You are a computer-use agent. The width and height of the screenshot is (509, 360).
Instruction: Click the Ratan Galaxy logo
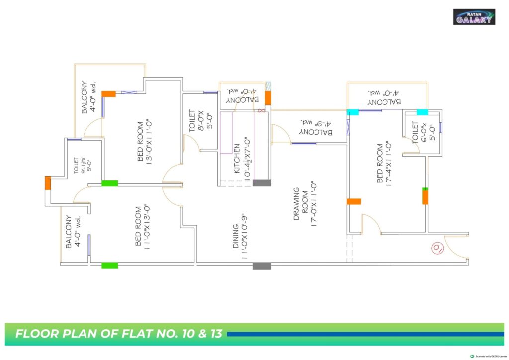point(474,17)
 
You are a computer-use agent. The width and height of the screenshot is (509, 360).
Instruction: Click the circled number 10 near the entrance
point(437,248)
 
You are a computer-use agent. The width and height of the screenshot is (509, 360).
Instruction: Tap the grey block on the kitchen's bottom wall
point(262,183)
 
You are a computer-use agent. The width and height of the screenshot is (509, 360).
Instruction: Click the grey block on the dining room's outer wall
point(261,266)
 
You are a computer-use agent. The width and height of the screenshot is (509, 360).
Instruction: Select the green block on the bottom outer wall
point(110,265)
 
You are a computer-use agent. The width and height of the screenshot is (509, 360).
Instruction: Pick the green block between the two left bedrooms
point(110,183)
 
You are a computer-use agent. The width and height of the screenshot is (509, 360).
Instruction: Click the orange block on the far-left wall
point(48,182)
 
